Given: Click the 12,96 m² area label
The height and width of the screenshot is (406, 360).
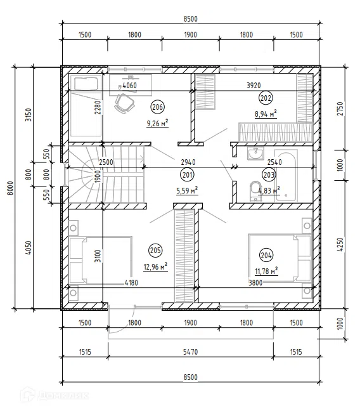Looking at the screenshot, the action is pos(155,266).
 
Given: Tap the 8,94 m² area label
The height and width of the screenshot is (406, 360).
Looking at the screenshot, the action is pos(266,114).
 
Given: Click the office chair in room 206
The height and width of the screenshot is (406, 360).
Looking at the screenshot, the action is pos(124,103).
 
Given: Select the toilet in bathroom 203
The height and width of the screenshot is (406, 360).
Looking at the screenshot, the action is pos(256,191).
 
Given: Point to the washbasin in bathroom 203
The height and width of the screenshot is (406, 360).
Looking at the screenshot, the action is pos(255,154).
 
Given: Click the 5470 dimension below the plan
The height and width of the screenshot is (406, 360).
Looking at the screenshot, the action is pos(191,352).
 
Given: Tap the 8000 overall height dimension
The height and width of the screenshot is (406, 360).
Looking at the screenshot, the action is pos(10,188).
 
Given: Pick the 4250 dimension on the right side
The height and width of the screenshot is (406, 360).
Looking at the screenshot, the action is pos(340,244).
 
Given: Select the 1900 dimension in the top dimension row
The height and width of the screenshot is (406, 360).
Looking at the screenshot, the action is pos(191,35).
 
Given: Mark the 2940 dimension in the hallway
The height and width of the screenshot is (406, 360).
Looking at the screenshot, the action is pos(188,162).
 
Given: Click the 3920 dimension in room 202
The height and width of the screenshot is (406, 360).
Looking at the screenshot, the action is pos(254,86).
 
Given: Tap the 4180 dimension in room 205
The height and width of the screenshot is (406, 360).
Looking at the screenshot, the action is pos(131,283).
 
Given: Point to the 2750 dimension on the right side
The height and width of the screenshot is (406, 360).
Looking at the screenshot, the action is pos(340,108).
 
